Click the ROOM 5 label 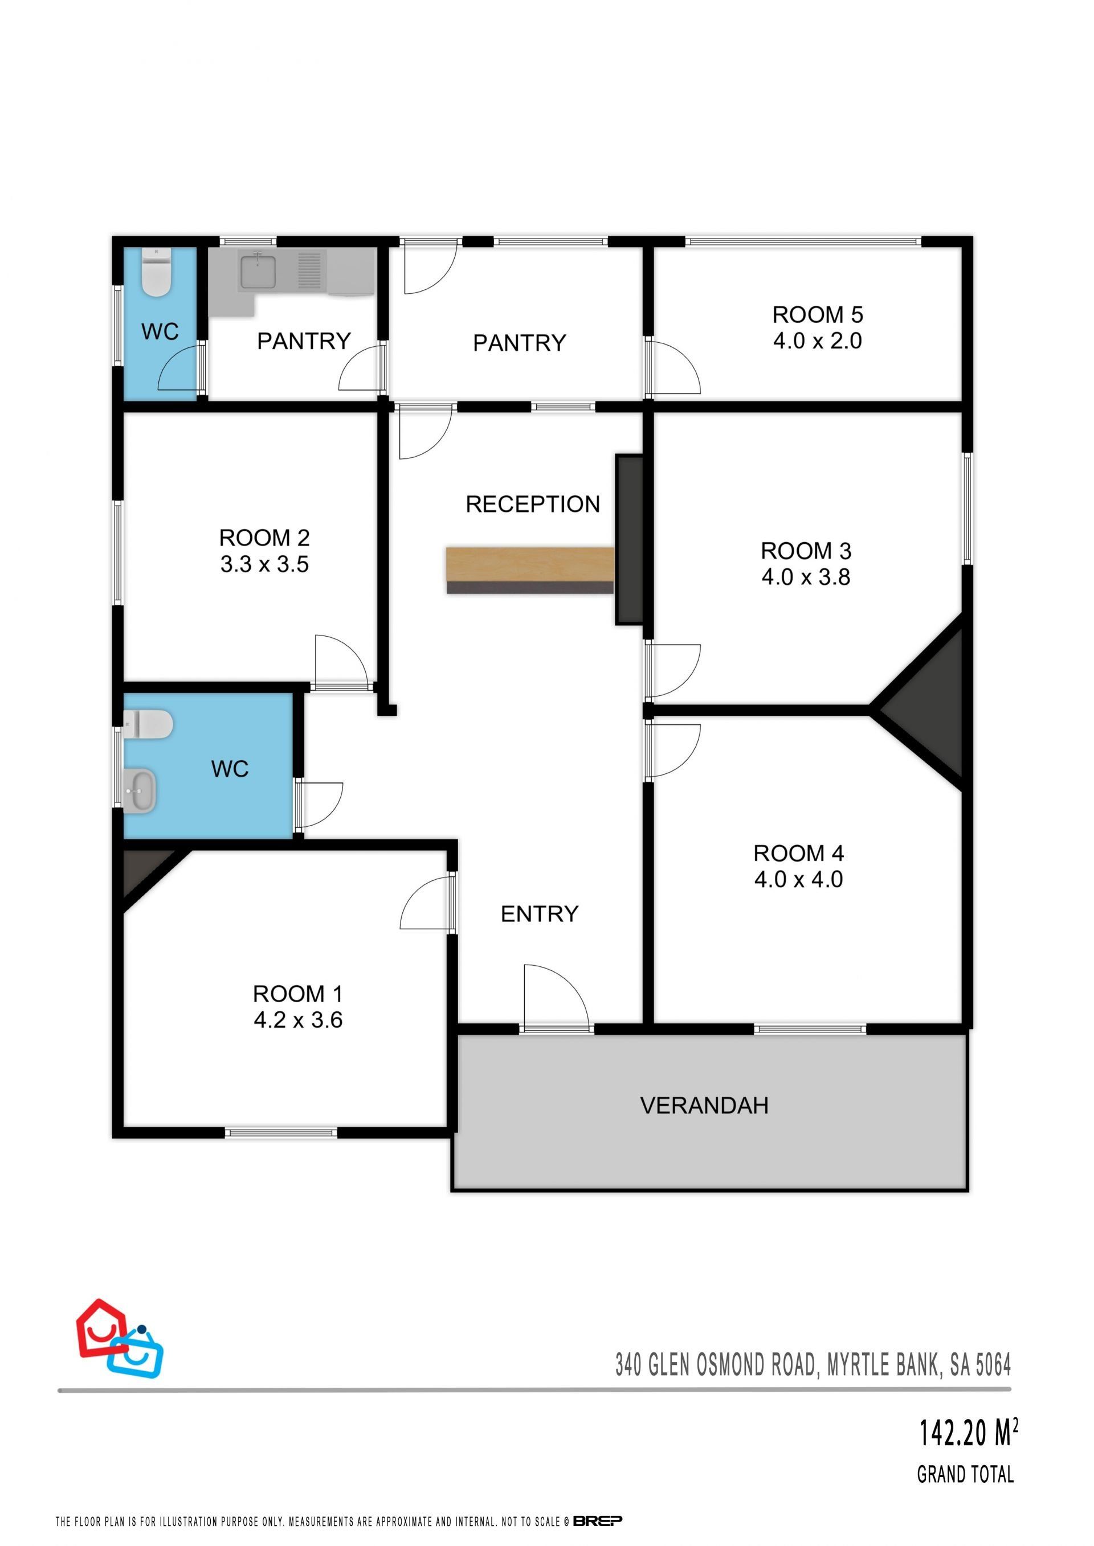point(817,314)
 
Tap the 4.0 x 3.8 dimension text point(806,577)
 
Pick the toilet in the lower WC point(148,724)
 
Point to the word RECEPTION point(533,505)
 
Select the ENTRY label point(540,914)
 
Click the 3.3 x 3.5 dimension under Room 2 point(264,564)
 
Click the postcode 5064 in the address point(994,1365)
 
